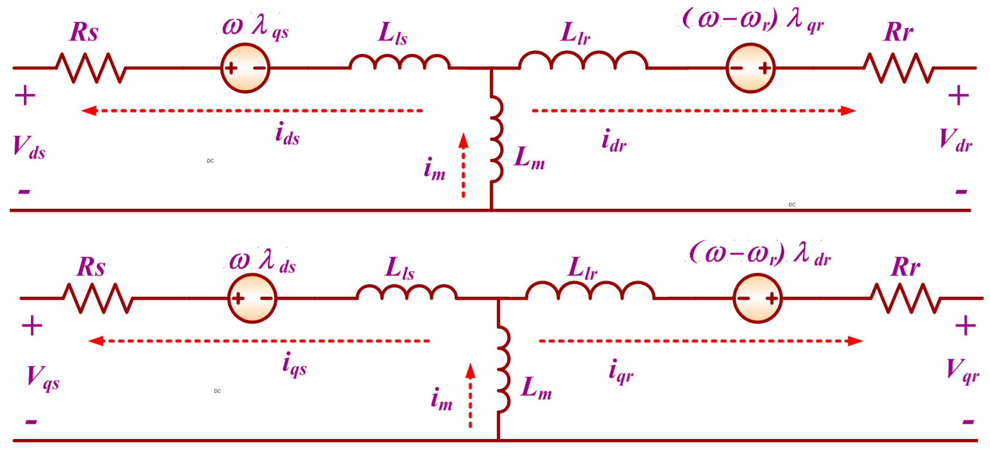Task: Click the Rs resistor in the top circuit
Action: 91,68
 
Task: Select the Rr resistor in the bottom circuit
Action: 905,298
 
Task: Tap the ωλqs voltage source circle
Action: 245,68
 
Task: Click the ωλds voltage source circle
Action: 252,298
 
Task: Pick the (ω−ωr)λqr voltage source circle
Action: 750,68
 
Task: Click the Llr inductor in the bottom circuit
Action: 590,291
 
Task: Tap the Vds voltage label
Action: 29,148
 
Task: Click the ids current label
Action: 287,134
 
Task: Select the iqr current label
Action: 621,372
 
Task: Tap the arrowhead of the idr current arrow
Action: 849,111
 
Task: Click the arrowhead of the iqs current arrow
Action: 96,341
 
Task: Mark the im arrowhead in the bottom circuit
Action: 470,370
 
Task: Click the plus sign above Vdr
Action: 958,95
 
